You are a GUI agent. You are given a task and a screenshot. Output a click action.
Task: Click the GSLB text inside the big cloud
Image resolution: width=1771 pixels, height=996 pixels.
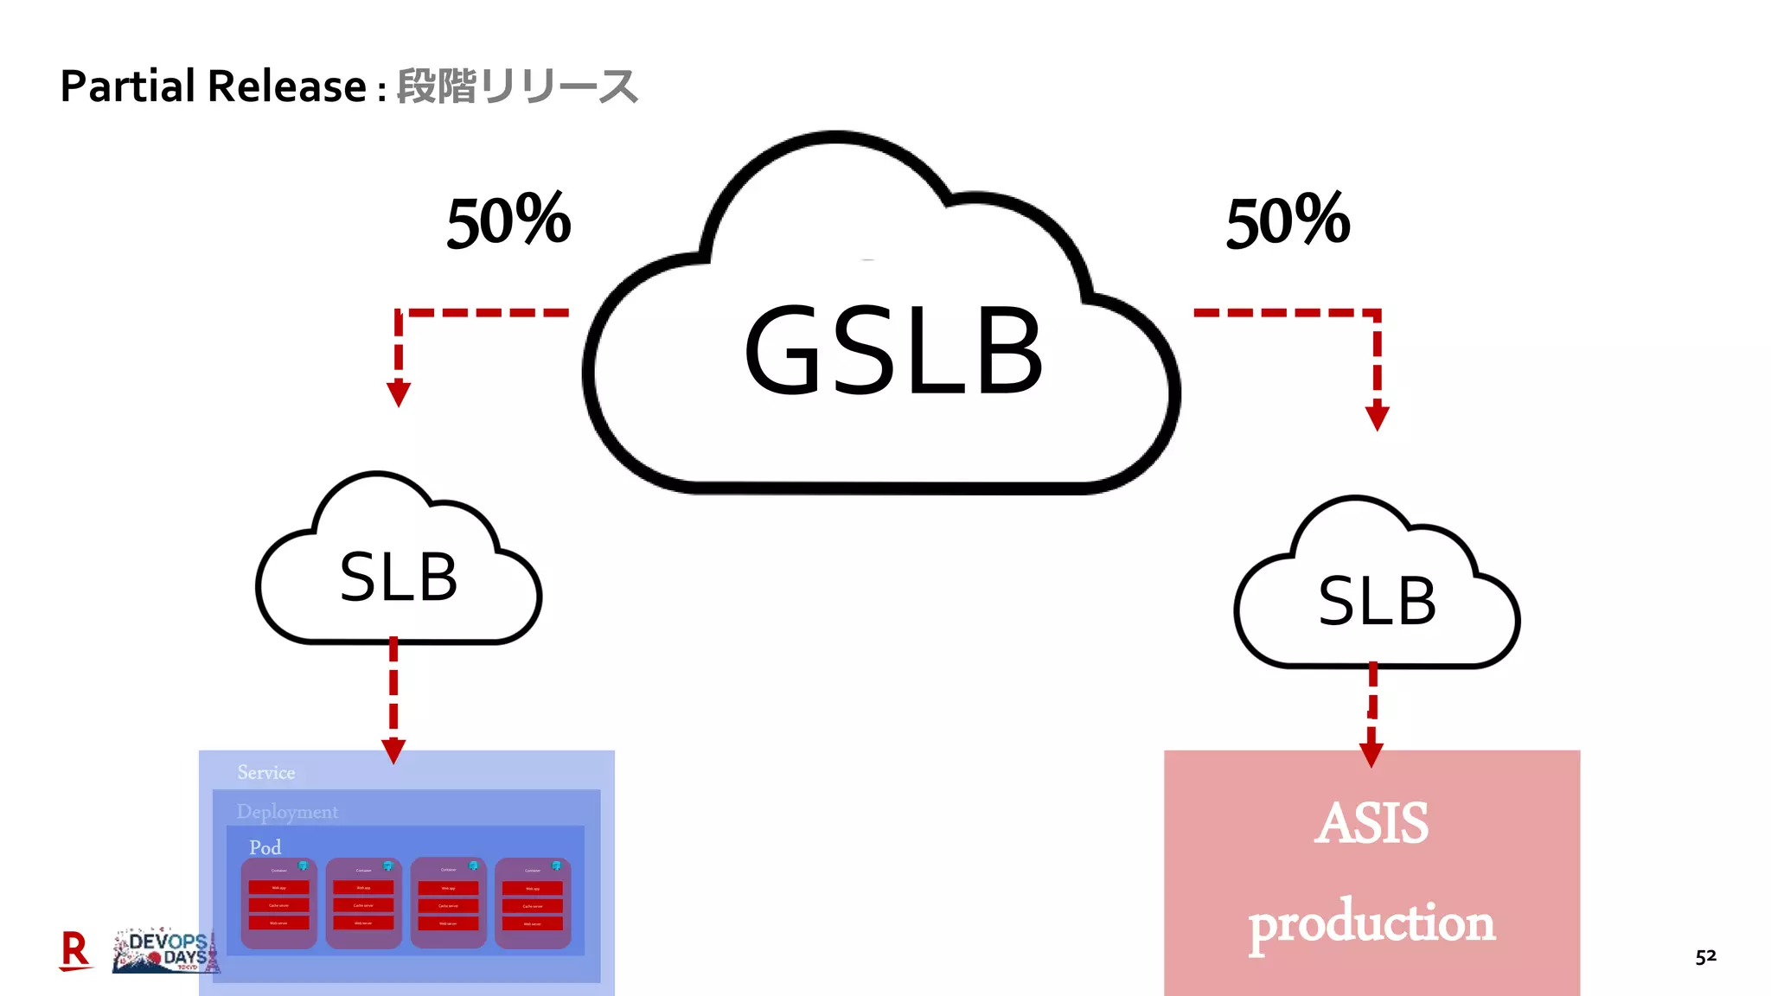tap(894, 351)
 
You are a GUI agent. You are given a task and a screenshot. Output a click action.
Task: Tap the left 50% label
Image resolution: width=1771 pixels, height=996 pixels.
tap(508, 221)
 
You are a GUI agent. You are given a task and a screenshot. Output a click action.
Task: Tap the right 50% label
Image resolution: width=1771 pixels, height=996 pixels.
tap(1288, 221)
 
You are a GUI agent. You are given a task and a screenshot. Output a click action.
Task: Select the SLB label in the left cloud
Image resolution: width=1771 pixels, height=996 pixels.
tap(398, 578)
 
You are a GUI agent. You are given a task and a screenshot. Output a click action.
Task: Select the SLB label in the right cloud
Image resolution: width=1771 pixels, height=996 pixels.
tap(1377, 601)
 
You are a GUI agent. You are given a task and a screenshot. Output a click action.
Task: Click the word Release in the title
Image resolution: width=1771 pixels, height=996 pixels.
tap(287, 86)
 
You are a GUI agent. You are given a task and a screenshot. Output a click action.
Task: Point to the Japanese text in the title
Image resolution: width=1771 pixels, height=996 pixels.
tap(517, 86)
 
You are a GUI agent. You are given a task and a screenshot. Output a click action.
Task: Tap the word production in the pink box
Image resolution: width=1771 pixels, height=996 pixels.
tap(1371, 923)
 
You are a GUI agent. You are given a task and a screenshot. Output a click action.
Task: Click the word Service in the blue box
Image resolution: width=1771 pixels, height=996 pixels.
tap(266, 772)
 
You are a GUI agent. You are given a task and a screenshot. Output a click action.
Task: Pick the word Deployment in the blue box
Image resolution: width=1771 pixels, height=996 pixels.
tap(287, 812)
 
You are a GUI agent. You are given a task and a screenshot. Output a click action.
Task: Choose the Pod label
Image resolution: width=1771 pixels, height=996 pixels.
tap(265, 847)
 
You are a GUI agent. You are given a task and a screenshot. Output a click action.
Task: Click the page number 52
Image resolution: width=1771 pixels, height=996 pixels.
tap(1705, 956)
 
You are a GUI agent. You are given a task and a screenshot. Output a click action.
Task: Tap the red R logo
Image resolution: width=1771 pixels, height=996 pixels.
tap(75, 950)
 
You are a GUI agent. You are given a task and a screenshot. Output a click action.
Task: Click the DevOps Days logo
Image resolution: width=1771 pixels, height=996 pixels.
tap(166, 952)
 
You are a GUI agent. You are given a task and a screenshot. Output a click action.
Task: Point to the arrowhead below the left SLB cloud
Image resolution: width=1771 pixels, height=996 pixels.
tap(393, 751)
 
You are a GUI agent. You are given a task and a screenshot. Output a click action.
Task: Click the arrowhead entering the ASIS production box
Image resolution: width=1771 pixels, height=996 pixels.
tap(1371, 755)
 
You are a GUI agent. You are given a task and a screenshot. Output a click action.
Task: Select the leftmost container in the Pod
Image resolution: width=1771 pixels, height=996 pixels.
tap(278, 903)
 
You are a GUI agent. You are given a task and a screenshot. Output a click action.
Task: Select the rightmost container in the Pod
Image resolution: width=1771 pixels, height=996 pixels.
tap(533, 903)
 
